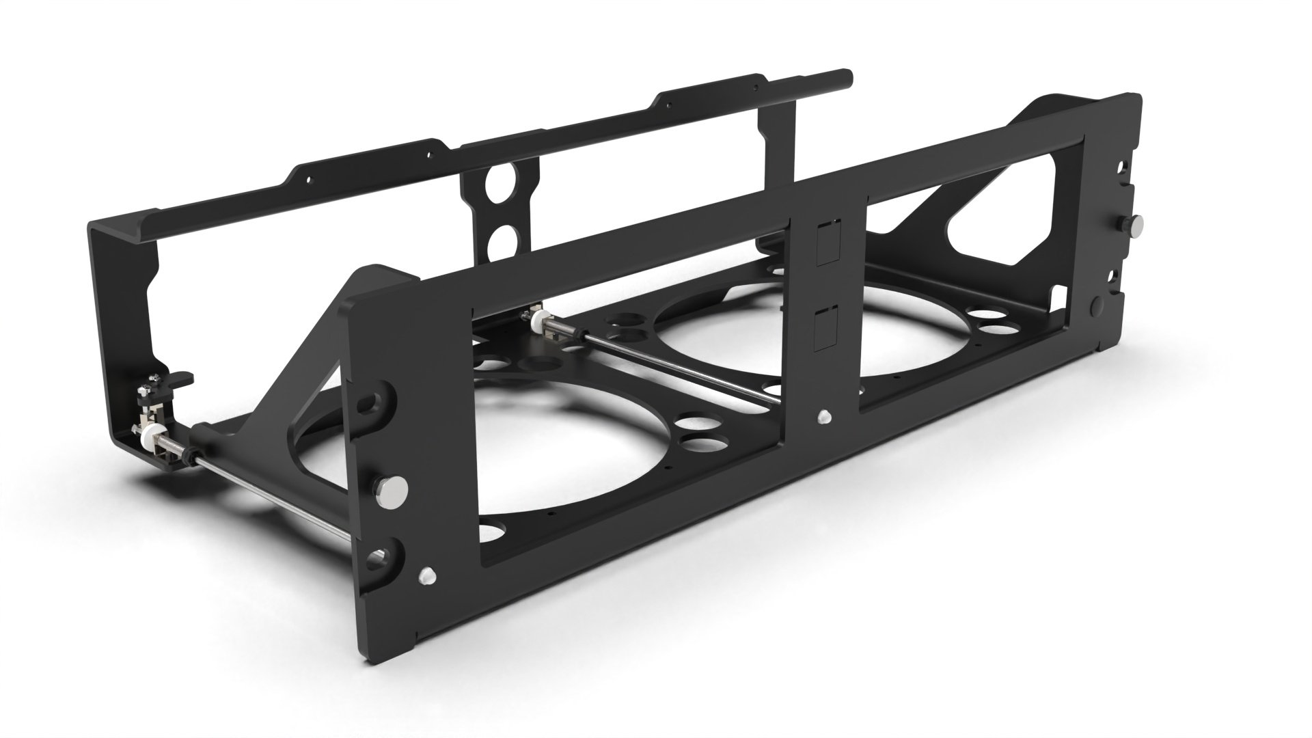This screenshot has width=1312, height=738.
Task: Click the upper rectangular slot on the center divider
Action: tap(828, 242)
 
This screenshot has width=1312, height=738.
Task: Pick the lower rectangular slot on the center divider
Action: tap(828, 329)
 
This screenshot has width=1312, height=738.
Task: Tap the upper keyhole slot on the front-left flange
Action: tap(374, 401)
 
